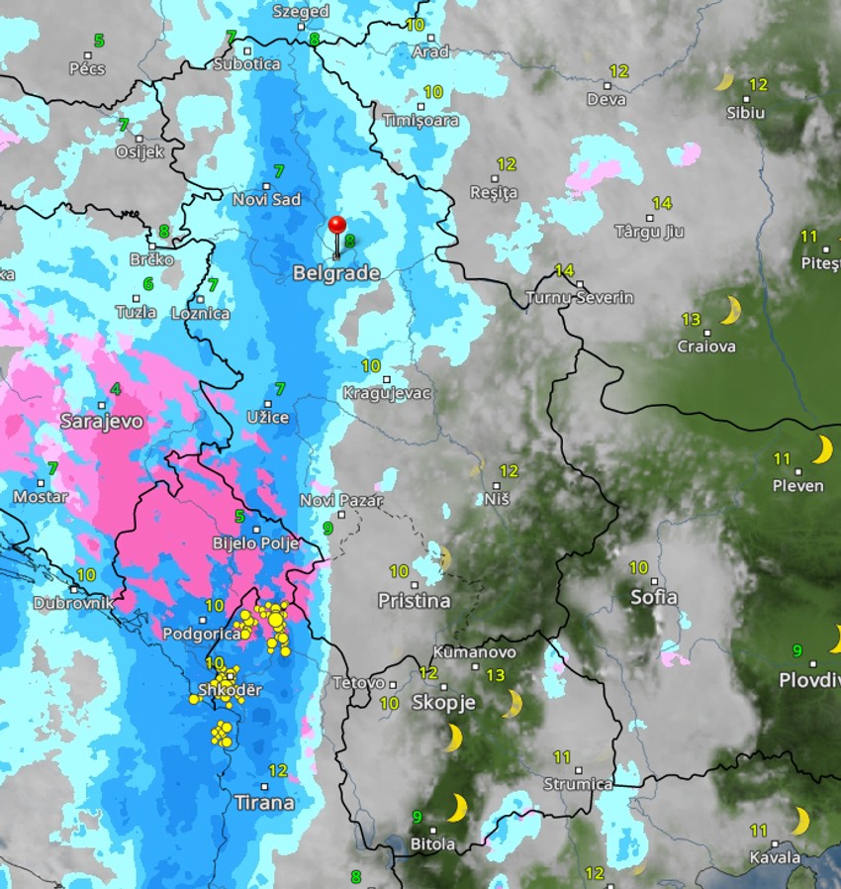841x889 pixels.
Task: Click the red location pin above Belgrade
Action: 336,226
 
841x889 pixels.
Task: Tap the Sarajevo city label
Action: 102,421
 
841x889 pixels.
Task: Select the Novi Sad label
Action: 266,199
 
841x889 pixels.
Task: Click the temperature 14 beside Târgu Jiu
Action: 662,202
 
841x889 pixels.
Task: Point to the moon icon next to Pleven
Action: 822,450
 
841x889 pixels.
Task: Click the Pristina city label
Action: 414,600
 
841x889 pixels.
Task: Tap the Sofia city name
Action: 654,597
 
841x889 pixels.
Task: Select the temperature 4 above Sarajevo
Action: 116,389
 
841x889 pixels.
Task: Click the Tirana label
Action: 264,802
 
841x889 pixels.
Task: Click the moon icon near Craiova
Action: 730,311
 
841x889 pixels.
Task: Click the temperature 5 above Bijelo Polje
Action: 239,516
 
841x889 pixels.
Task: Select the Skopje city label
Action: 443,703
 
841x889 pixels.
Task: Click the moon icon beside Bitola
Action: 456,809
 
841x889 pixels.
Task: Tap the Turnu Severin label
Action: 580,297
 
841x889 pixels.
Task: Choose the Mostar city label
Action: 41,496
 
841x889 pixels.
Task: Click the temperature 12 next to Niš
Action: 509,470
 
